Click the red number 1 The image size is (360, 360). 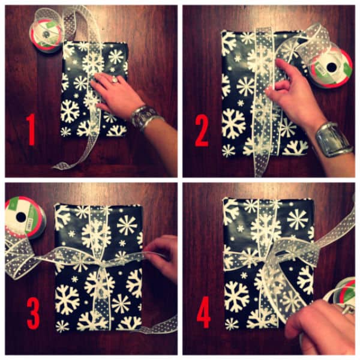point(31,130)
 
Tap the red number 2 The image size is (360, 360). point(202,131)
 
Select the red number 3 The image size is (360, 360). point(33,313)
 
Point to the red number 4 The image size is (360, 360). point(204,312)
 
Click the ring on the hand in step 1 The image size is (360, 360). point(114,79)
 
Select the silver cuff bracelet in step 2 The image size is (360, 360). point(333,140)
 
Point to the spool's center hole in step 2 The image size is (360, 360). point(332,67)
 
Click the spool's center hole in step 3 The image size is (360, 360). point(21,217)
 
